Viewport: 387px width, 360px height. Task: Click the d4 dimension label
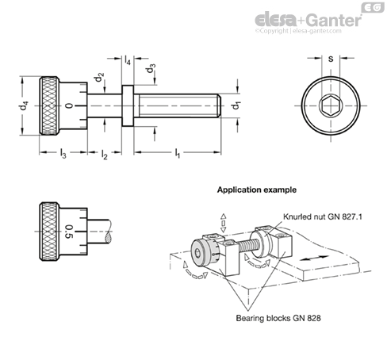pyautogui.click(x=23, y=105)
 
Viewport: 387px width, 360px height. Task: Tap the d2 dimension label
pyautogui.click(x=98, y=77)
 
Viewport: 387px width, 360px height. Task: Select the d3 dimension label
pyautogui.click(x=150, y=68)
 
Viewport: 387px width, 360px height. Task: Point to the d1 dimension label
pyautogui.click(x=235, y=105)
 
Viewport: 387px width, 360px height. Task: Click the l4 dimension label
pyautogui.click(x=128, y=60)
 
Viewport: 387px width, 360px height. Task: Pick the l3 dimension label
pyautogui.click(x=63, y=153)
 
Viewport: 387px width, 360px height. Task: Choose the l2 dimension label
pyautogui.click(x=104, y=154)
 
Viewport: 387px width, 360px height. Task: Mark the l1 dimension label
pyautogui.click(x=178, y=153)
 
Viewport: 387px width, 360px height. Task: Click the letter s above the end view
pyautogui.click(x=331, y=59)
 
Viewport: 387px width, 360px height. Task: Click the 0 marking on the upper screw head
pyautogui.click(x=69, y=105)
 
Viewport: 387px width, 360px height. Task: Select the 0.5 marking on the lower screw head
pyautogui.click(x=69, y=232)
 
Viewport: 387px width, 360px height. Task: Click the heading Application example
pyautogui.click(x=257, y=190)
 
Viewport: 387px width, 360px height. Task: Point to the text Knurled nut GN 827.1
pyautogui.click(x=323, y=216)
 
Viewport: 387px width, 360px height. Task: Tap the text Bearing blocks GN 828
pyautogui.click(x=278, y=318)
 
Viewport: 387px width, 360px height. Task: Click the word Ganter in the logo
pyautogui.click(x=334, y=20)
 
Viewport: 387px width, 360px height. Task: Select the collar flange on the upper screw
pyautogui.click(x=128, y=105)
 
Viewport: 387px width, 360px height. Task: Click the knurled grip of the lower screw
pyautogui.click(x=49, y=232)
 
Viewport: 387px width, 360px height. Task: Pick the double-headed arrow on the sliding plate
pyautogui.click(x=314, y=258)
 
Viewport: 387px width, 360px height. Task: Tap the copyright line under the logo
pyautogui.click(x=298, y=31)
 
